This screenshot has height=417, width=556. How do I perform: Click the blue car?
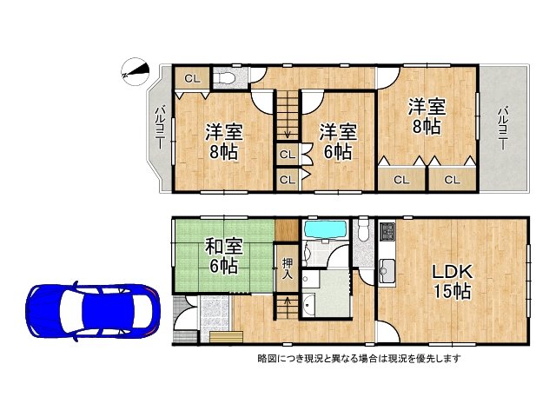click(93, 312)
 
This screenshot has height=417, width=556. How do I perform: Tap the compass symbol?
click(135, 72)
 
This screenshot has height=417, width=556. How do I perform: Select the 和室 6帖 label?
click(224, 255)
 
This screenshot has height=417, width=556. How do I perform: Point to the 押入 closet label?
click(287, 268)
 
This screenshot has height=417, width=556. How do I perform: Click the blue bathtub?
click(326, 229)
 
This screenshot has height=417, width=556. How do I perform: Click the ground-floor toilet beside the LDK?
click(364, 228)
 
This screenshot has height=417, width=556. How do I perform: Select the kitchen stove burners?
click(387, 230)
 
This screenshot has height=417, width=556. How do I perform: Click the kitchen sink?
click(387, 270)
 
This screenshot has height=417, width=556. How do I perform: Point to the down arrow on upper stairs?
click(288, 135)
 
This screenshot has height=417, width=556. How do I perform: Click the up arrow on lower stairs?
click(287, 301)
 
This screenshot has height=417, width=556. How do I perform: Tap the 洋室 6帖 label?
click(337, 142)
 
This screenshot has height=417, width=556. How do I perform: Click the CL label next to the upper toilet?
click(193, 79)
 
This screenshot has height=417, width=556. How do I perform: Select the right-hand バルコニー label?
click(502, 129)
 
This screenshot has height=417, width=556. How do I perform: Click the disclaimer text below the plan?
click(359, 359)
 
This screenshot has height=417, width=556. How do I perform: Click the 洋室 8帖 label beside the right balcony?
click(427, 116)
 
